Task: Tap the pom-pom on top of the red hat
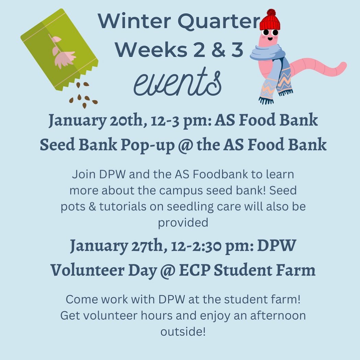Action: pyautogui.click(x=271, y=12)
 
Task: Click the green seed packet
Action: pyautogui.click(x=59, y=50)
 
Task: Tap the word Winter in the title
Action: pyautogui.click(x=135, y=21)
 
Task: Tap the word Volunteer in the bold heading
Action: pyautogui.click(x=88, y=270)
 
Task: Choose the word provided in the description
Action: pyautogui.click(x=183, y=223)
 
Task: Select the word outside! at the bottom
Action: pyautogui.click(x=183, y=332)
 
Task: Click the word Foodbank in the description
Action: pyautogui.click(x=220, y=174)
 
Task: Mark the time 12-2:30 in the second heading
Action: pyautogui.click(x=196, y=246)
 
